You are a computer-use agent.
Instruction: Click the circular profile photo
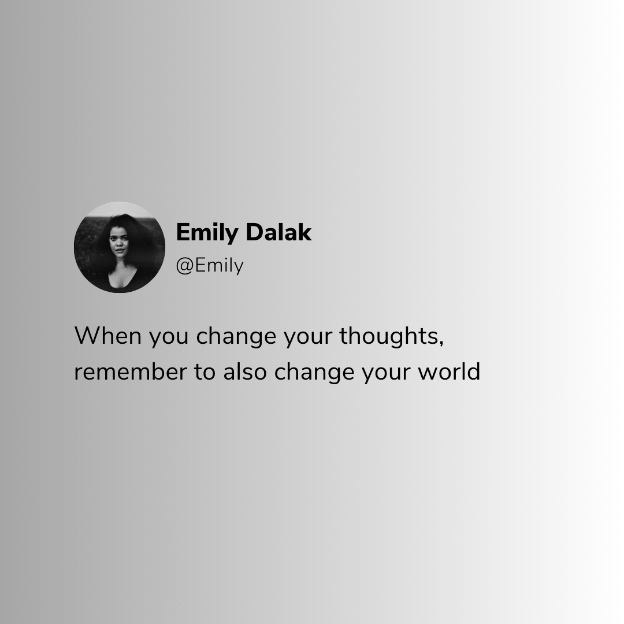coord(120,247)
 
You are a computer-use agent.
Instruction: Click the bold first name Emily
coord(207,233)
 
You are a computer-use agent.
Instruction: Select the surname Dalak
coord(278,232)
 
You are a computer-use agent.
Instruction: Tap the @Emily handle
coord(210,266)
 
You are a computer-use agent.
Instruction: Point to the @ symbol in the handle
coord(185,266)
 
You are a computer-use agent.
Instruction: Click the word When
coord(108,336)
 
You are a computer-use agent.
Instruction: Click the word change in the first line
coord(236,337)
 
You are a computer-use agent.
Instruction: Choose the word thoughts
coord(389,337)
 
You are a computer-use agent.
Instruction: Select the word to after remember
coord(205,373)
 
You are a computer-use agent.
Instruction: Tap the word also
coord(245,372)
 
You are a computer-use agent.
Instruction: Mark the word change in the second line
coord(314,373)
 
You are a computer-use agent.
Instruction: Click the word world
coord(449,372)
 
